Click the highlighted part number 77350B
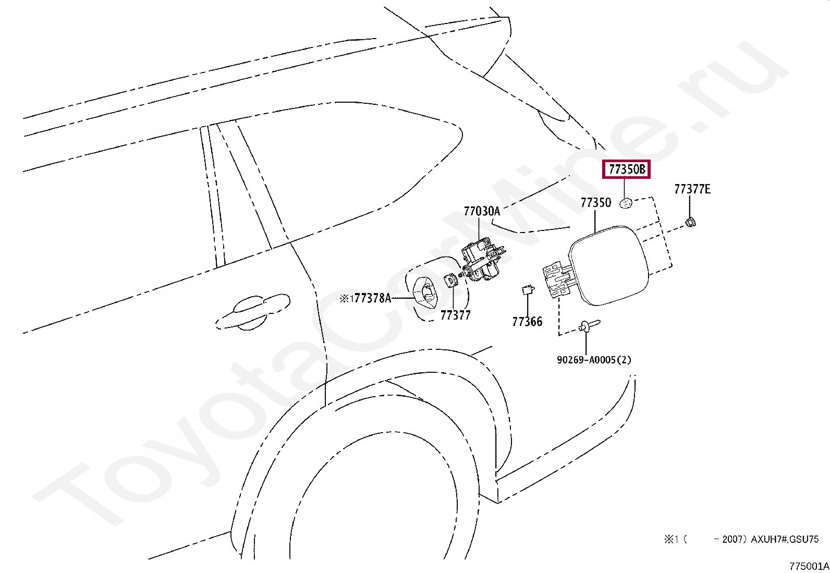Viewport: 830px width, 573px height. point(626,169)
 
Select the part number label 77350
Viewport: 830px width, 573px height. point(595,203)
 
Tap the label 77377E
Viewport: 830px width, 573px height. point(692,189)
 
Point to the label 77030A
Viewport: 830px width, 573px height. point(481,211)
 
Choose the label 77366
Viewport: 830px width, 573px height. point(527,322)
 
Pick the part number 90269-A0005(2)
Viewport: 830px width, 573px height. point(594,360)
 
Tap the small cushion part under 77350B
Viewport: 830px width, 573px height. point(626,203)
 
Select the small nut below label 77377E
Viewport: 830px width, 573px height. point(690,223)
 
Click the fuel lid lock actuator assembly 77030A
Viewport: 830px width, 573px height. point(482,260)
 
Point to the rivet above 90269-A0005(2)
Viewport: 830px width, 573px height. point(589,326)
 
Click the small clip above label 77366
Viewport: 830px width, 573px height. point(528,289)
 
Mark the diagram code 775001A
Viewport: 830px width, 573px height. point(809,566)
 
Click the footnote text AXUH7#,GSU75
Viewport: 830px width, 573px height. point(784,539)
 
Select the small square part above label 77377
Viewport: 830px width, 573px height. point(450,280)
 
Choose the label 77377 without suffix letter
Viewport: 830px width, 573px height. point(455,315)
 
